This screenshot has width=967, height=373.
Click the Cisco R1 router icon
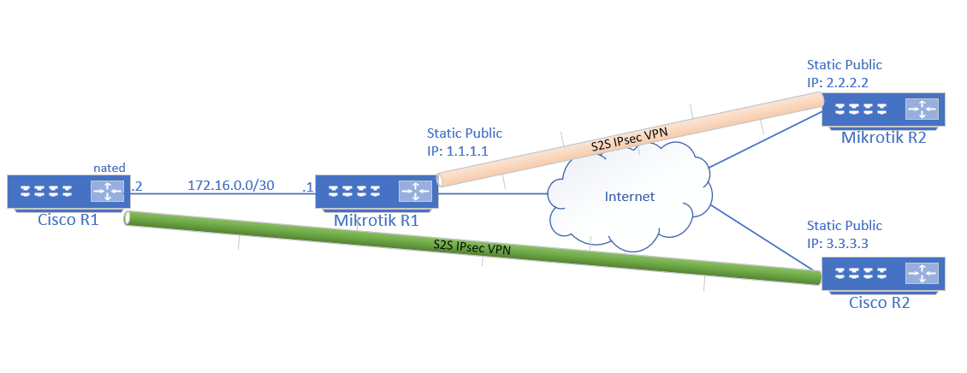pyautogui.click(x=68, y=192)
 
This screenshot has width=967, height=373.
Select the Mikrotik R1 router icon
pyautogui.click(x=376, y=192)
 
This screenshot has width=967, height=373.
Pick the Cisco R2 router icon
pyautogui.click(x=883, y=275)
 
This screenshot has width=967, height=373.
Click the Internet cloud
pyautogui.click(x=629, y=197)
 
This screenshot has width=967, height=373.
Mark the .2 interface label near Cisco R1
pyautogui.click(x=136, y=185)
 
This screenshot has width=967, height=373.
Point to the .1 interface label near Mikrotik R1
pyautogui.click(x=307, y=185)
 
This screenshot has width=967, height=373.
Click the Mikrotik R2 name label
pyautogui.click(x=883, y=137)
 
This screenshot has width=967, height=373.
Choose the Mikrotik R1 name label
pyautogui.click(x=376, y=220)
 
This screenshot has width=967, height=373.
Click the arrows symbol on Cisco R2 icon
pyautogui.click(x=922, y=275)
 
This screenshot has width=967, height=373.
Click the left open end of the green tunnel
pyautogui.click(x=128, y=219)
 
